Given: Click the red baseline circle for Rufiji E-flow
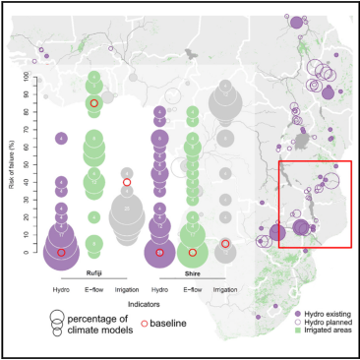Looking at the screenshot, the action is pyautogui.click(x=93, y=103).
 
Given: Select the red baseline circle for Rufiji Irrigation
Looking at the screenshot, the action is pyautogui.click(x=127, y=182).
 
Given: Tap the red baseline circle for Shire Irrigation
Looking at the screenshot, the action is pyautogui.click(x=225, y=243).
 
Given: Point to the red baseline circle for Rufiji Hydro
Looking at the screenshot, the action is pyautogui.click(x=61, y=253).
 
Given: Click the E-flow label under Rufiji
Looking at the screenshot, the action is pyautogui.click(x=94, y=290).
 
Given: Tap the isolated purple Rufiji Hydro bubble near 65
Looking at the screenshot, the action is pyautogui.click(x=61, y=138).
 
